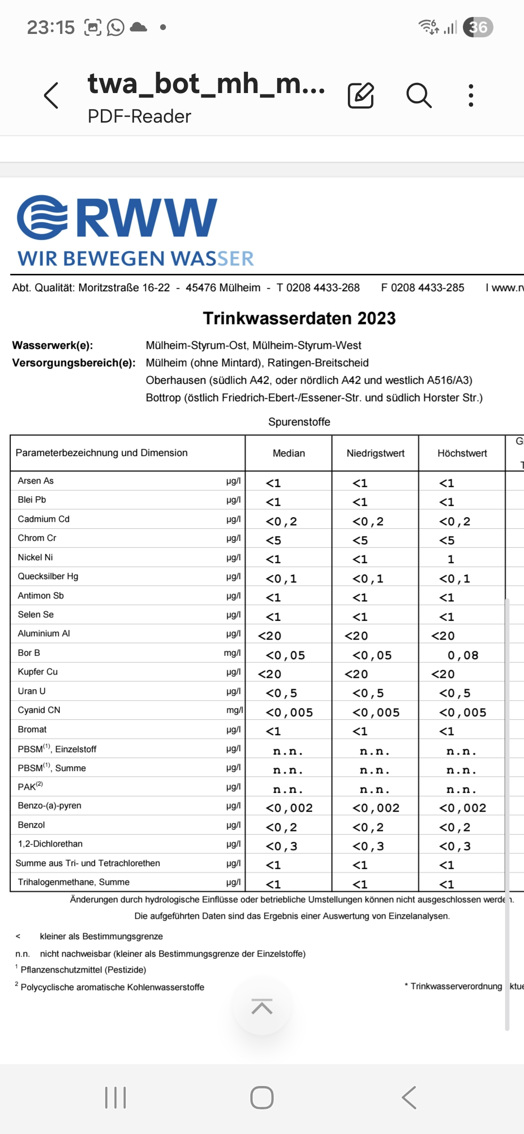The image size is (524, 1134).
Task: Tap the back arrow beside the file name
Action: point(51,95)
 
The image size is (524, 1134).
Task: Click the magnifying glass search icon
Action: point(419,95)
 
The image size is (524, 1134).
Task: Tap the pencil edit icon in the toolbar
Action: point(361,95)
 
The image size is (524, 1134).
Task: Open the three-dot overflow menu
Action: point(471,95)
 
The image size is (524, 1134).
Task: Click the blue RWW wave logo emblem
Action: point(42,218)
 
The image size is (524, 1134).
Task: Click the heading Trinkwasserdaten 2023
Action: point(299,318)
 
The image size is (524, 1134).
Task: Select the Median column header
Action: point(289,453)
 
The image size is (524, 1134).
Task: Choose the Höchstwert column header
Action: point(462,453)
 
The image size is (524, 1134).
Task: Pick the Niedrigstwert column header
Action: point(376,453)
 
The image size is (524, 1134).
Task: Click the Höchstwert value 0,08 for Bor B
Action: point(463,655)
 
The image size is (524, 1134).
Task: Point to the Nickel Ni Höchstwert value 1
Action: point(451,559)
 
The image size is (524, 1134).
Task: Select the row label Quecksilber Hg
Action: point(48,576)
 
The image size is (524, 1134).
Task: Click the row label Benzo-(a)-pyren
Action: point(49,805)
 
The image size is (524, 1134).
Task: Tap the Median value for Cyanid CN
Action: point(289,712)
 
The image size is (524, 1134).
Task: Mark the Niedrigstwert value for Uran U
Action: point(368,693)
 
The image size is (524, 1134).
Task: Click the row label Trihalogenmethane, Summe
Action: point(74,882)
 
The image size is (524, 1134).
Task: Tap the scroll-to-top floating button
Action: point(262,1007)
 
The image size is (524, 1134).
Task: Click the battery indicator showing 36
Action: point(478,27)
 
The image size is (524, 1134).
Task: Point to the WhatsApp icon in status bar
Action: point(115,27)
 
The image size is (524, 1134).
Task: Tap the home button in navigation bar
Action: point(262,1098)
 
